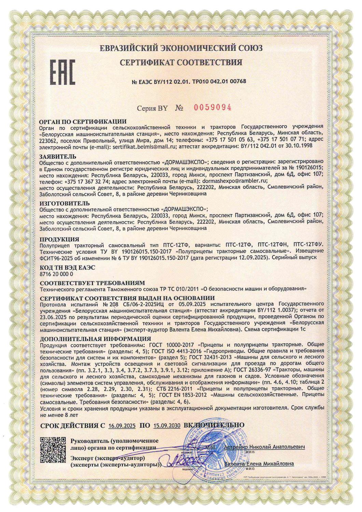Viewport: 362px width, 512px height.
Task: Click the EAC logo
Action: pos(63,72)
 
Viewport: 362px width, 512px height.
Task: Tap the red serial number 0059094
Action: pos(213,108)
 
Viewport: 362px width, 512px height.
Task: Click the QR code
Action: pos(53,450)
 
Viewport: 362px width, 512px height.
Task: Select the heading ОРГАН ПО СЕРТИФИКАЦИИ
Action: pos(83,122)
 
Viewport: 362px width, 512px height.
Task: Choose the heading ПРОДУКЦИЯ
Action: pos(59,239)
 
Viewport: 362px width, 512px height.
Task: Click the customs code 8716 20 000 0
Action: pos(56,274)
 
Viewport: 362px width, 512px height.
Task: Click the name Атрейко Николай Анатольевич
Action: pos(265,447)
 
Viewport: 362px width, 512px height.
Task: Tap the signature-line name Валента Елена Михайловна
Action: pos(259,464)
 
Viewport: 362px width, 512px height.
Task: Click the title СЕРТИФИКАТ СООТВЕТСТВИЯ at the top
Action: pos(181,62)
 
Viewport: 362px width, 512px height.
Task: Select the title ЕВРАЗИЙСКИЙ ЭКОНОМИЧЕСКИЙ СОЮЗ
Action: pos(181,48)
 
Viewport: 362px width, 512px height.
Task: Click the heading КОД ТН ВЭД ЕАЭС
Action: pos(67,267)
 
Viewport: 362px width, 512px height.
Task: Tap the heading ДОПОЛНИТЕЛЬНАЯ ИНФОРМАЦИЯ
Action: pos(95,339)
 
